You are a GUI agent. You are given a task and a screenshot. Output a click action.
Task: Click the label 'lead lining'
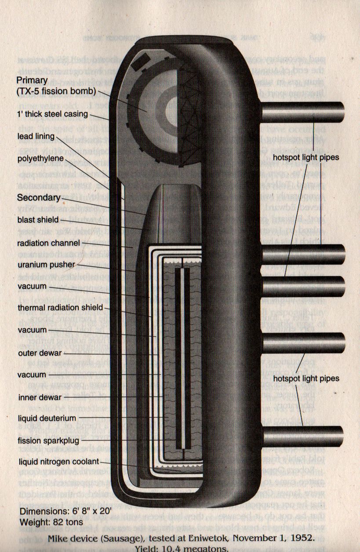coord(36,136)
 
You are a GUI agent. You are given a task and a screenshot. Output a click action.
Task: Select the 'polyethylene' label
coord(40,158)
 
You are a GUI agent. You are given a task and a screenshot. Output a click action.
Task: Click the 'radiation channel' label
coord(49,243)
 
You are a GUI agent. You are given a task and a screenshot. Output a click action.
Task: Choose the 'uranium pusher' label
coord(46,265)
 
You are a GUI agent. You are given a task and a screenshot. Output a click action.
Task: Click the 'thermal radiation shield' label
coord(60,308)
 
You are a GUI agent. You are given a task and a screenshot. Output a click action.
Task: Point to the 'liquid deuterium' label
coord(47,418)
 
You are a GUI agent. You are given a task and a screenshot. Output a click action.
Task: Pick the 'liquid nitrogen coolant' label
coord(58,461)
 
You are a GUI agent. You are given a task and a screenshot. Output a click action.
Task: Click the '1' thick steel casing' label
coord(53,115)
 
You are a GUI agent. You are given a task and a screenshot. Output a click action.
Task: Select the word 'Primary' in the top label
coord(32,80)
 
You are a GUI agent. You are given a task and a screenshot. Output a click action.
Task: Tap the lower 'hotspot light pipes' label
coord(306,378)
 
